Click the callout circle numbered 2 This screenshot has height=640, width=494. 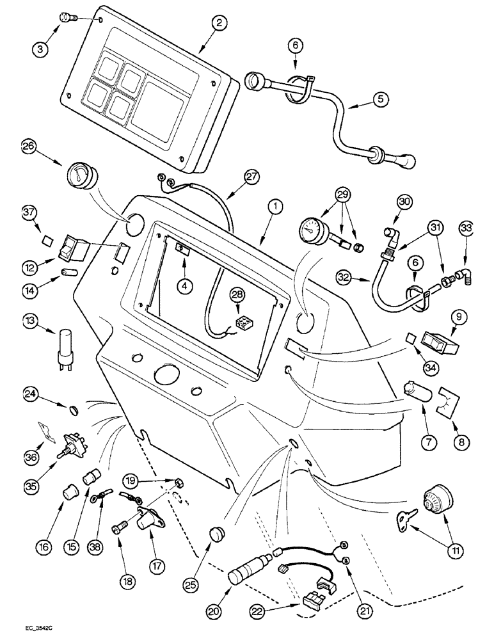pyautogui.click(x=219, y=23)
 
